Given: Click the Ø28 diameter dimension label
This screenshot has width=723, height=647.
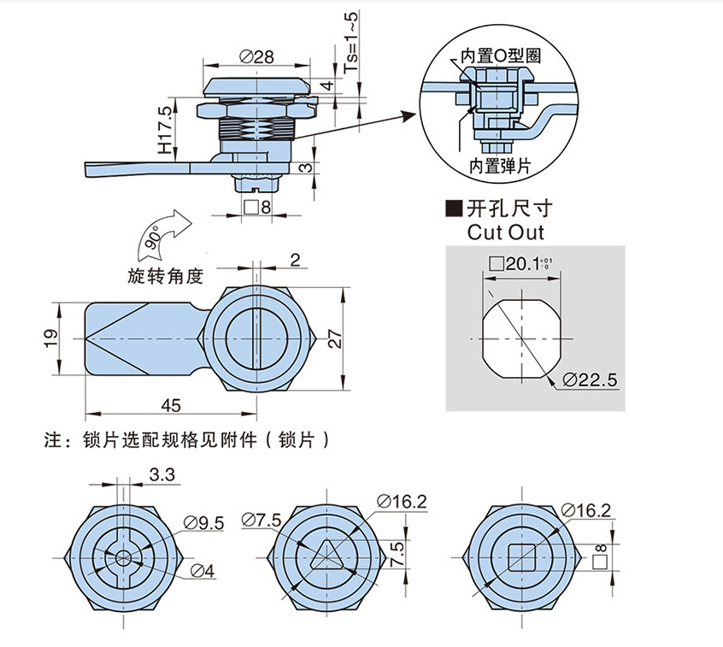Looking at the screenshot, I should [256, 57].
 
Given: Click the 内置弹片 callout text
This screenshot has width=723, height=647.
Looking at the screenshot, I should [500, 165].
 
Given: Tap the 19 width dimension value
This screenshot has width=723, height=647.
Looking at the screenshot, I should [50, 339].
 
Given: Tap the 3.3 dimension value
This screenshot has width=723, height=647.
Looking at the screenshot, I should [162, 474].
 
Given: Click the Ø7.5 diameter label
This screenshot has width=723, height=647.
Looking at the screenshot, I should [262, 519].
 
